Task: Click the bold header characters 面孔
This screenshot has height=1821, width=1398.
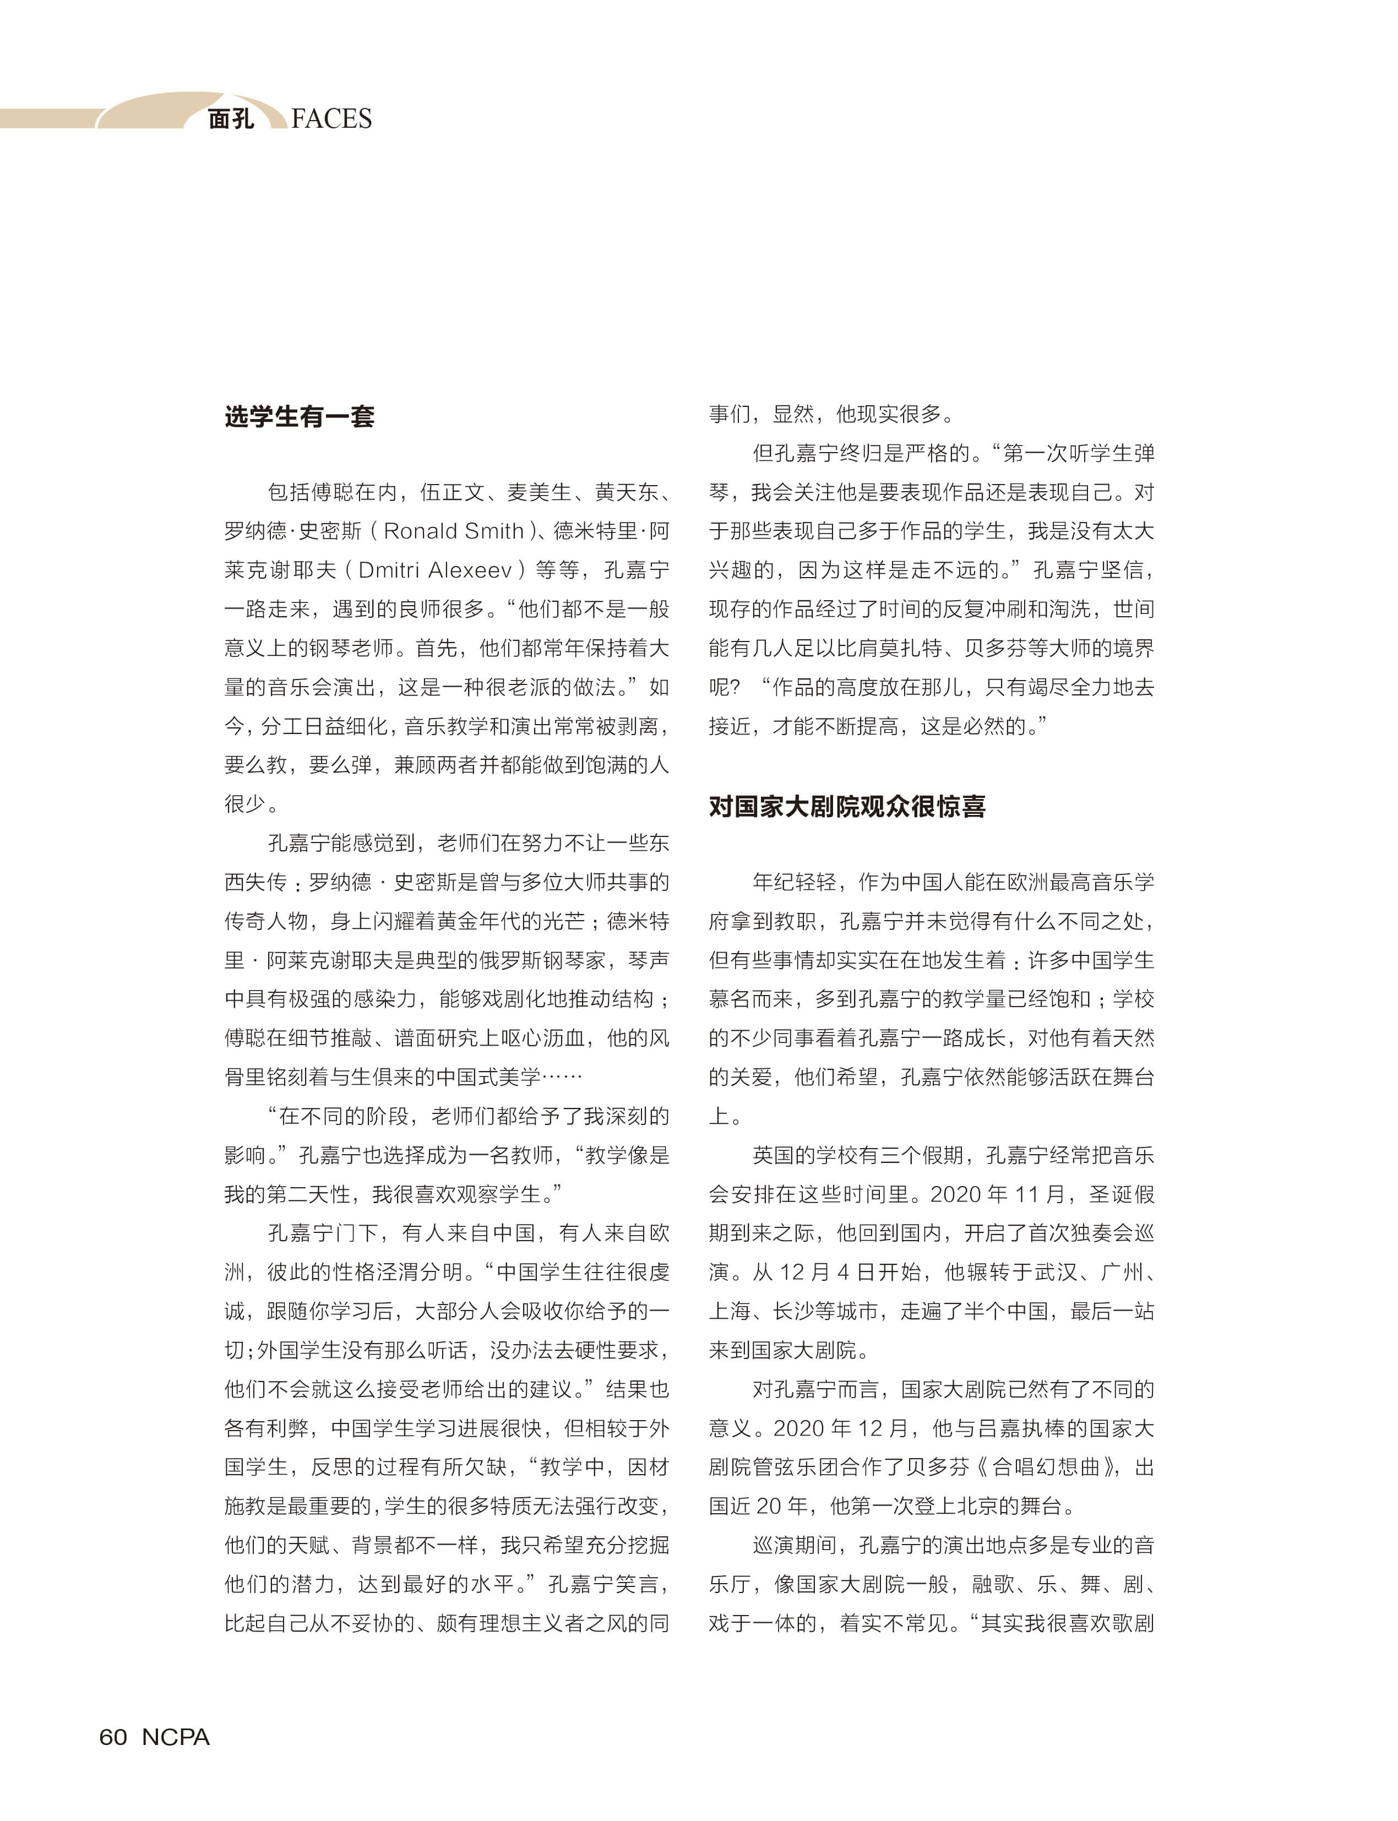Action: (231, 119)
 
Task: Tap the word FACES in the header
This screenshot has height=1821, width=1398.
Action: (331, 119)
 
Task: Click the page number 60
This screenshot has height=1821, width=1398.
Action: (112, 1737)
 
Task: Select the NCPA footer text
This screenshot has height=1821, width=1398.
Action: (176, 1737)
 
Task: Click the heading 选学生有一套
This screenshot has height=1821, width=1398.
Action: (299, 416)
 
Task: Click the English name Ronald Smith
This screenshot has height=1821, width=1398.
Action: (454, 531)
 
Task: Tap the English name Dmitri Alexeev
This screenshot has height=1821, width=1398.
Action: (435, 570)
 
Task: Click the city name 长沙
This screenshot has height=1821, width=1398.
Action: (794, 1311)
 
